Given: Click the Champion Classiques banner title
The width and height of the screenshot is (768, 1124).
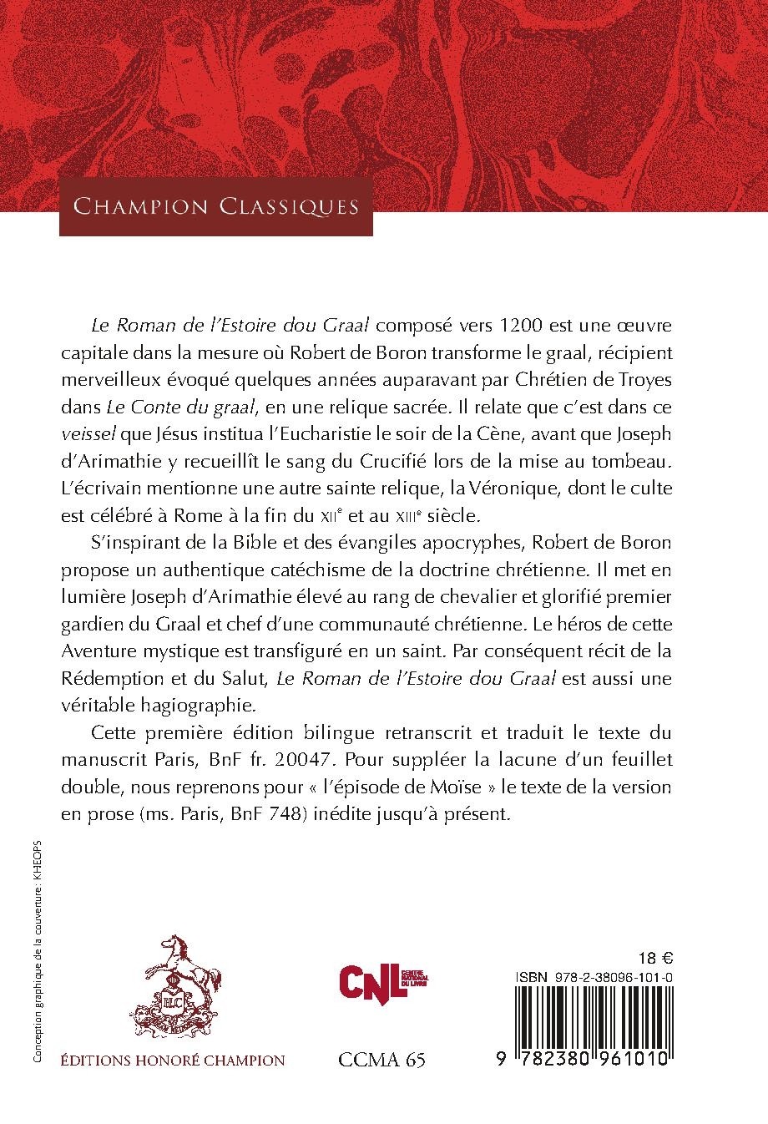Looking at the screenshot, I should (x=216, y=206).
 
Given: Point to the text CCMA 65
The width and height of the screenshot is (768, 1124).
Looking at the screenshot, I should (x=382, y=1083).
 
